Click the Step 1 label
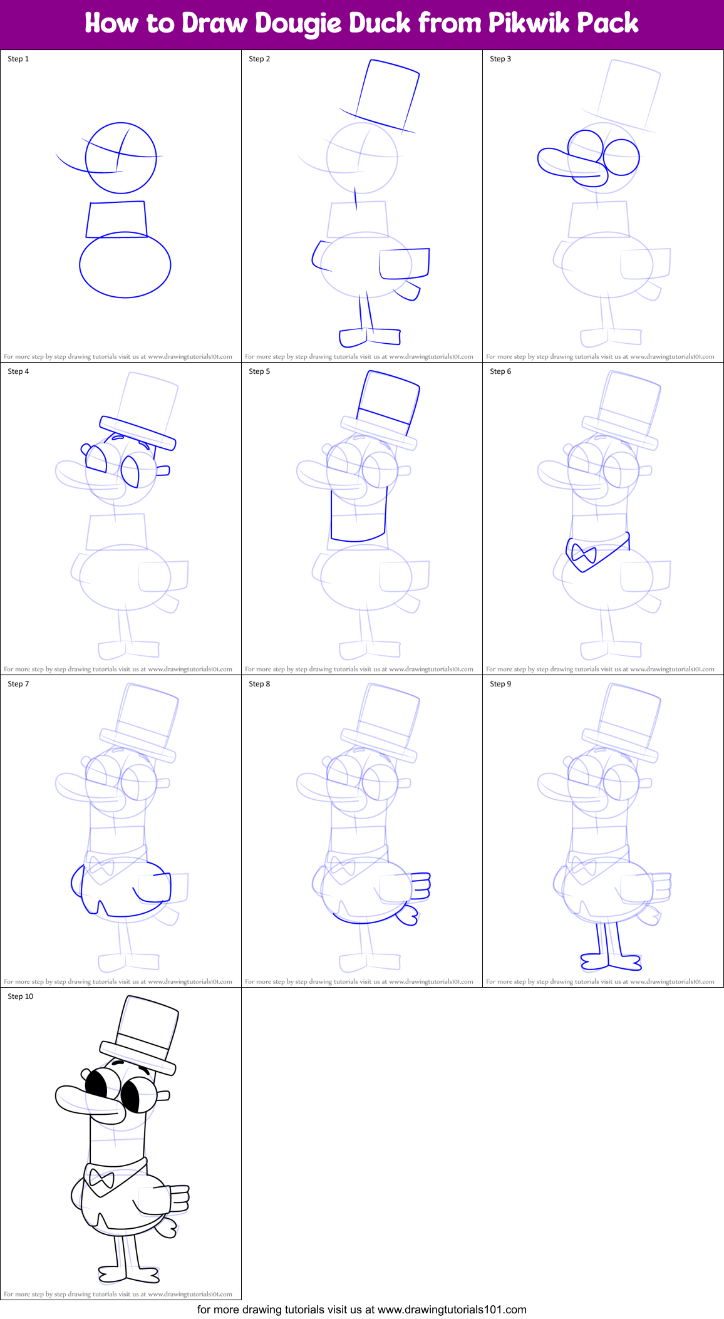coord(18,59)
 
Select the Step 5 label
coord(259,371)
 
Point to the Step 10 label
coord(21,996)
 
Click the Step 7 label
coord(18,684)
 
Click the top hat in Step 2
coord(385,94)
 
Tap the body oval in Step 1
coord(125,265)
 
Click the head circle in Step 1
coord(121,158)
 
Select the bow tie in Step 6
coord(584,554)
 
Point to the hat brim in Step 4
coord(138,433)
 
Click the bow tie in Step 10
coord(101,1180)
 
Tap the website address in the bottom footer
coord(452,1309)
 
